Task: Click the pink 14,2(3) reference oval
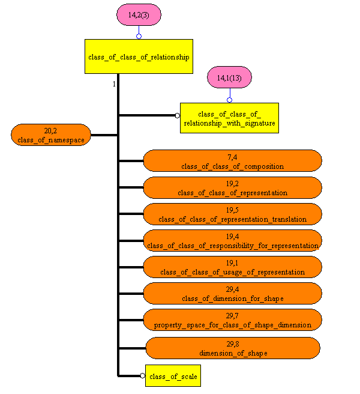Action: (x=139, y=15)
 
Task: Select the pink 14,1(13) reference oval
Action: (x=229, y=77)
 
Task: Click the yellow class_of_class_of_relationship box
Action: (x=139, y=56)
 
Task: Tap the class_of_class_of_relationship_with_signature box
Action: (x=230, y=118)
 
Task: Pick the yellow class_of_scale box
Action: (x=172, y=375)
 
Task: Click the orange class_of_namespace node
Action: (x=51, y=135)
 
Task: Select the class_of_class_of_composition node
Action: (x=232, y=161)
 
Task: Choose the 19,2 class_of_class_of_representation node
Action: (x=232, y=187)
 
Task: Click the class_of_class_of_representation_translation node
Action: (x=232, y=214)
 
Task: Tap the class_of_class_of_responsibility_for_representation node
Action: (x=232, y=240)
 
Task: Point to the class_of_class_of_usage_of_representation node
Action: (x=232, y=267)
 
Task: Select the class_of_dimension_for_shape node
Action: (x=232, y=293)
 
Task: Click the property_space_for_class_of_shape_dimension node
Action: (x=232, y=320)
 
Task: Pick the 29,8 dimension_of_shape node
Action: (x=232, y=348)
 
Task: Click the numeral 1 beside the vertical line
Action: (x=113, y=84)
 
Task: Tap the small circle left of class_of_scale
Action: (x=142, y=375)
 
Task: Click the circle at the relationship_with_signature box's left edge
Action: (x=177, y=115)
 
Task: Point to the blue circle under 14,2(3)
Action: (x=139, y=36)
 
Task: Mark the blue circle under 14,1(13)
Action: (x=229, y=100)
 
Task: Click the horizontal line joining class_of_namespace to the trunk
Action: (x=104, y=135)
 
